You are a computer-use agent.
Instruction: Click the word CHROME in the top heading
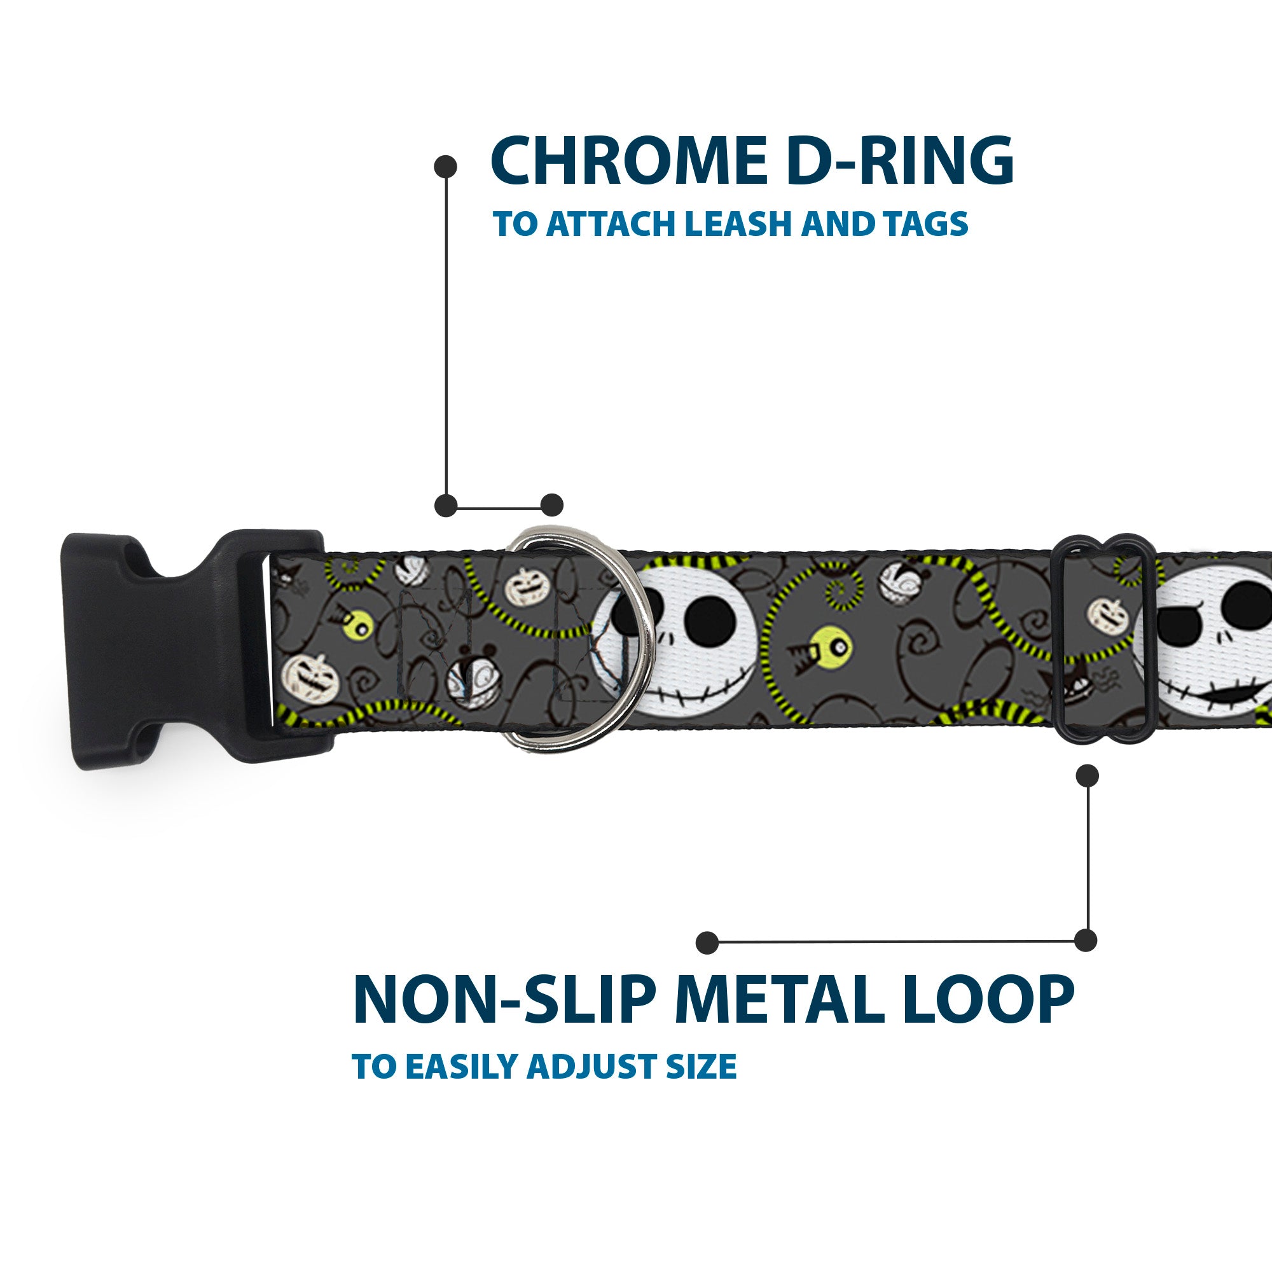[628, 162]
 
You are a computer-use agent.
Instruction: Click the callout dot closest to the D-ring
[551, 505]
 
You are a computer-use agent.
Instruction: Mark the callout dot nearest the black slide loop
[1087, 775]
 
